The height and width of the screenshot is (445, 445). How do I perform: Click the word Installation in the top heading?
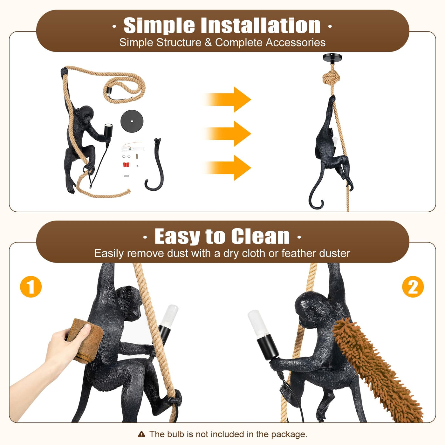click(x=261, y=25)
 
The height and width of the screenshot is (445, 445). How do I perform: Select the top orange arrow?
click(x=228, y=99)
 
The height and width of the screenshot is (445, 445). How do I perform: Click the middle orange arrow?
click(x=228, y=134)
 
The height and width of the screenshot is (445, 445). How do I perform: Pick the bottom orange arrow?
click(x=228, y=168)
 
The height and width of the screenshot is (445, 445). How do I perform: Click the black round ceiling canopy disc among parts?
click(x=132, y=121)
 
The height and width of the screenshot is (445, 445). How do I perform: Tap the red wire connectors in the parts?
click(x=126, y=165)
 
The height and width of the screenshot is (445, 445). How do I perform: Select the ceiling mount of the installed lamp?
click(x=332, y=59)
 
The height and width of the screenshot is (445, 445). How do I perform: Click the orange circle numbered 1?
click(x=31, y=287)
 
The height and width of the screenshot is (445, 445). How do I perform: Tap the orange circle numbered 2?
click(x=413, y=287)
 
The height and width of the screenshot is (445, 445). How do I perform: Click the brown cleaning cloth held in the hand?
click(x=86, y=341)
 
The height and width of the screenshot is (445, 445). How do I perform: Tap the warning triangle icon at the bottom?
click(x=141, y=435)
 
